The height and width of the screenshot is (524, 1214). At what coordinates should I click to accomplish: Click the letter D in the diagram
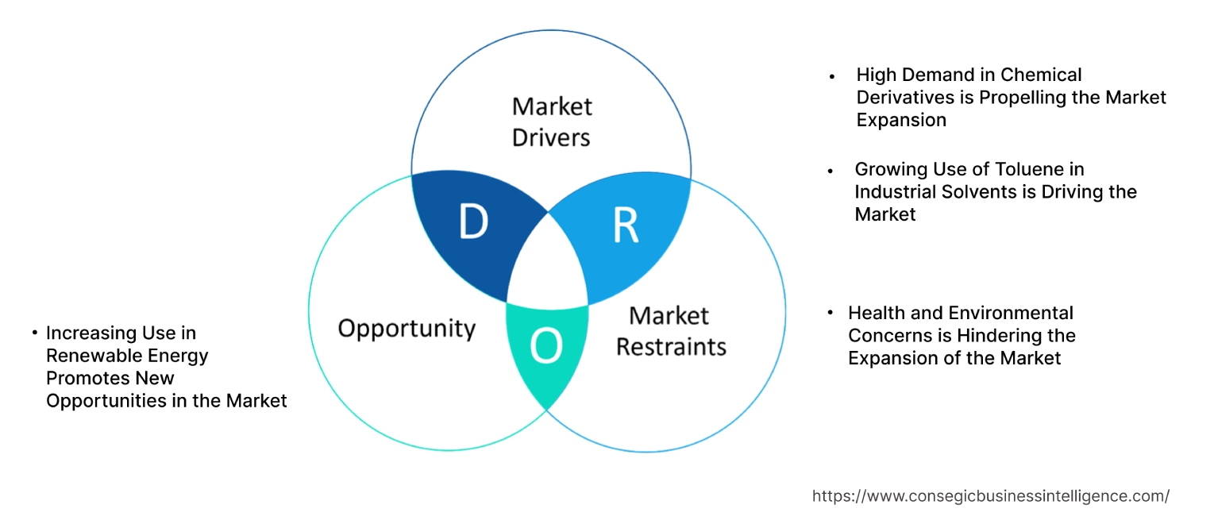[473, 223]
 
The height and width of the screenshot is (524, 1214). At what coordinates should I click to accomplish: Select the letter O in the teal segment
[546, 346]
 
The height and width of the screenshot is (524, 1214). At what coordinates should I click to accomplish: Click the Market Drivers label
[551, 121]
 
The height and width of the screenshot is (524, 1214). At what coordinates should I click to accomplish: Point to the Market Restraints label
[671, 331]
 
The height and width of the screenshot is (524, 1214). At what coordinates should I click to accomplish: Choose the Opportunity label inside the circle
[407, 328]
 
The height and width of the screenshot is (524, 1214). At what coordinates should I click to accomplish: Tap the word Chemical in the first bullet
[1041, 75]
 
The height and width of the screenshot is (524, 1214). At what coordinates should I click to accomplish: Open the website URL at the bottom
[990, 496]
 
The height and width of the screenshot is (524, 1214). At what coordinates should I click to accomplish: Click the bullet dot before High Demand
[832, 77]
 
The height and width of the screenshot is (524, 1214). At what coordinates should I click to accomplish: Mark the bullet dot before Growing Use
[831, 171]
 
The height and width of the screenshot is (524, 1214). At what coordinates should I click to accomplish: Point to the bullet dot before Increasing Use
[35, 332]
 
